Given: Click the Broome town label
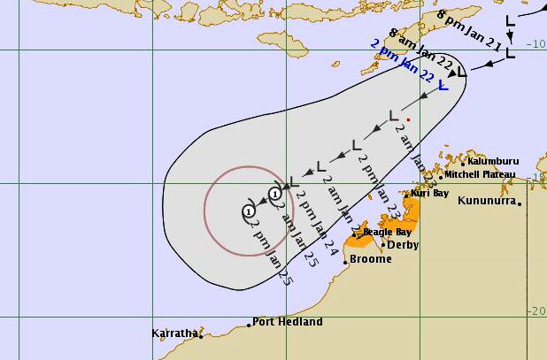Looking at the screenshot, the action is point(370,259).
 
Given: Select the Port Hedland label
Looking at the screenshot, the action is point(287,322).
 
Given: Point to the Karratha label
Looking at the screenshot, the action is point(173,333).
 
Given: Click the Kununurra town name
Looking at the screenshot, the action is point(487,201).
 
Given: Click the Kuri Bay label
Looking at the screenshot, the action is point(431,193).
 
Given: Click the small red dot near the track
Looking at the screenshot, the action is point(408,119).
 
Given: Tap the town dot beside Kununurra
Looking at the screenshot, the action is point(520,203).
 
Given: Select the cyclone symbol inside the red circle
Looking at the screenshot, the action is point(250,211).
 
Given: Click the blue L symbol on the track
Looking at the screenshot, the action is point(442,86).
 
